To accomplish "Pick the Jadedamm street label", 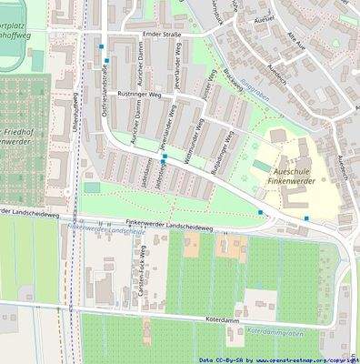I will (x=145, y=173).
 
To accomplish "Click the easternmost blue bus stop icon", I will (x=306, y=218).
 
